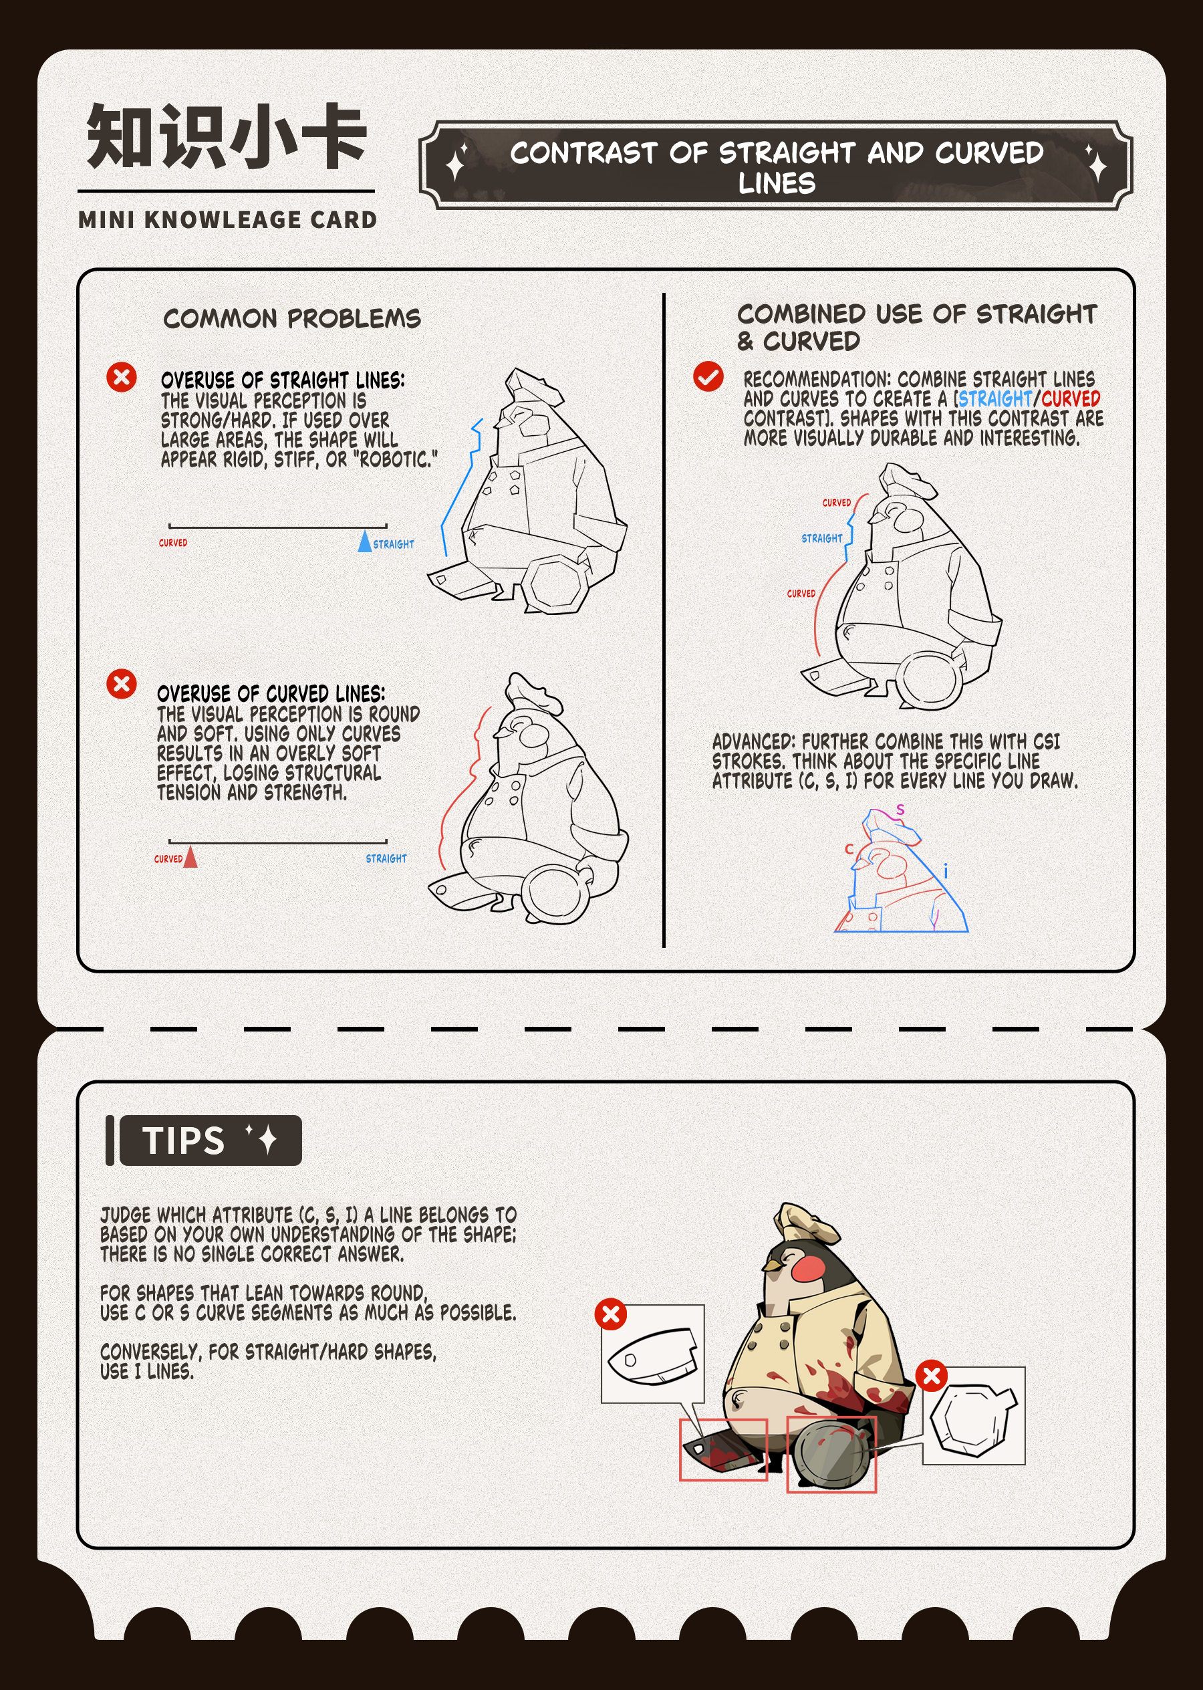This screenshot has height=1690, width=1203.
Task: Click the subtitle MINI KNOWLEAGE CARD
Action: pos(227,220)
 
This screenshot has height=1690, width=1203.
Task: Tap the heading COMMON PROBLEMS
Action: pos(292,319)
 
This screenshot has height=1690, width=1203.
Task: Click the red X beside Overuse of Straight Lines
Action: pos(122,377)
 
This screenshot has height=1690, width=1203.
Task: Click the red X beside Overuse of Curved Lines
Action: pos(122,683)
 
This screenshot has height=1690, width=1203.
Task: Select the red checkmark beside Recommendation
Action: pos(708,376)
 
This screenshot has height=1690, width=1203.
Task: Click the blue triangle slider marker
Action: pos(364,541)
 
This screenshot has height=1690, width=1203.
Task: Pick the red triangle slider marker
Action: pos(190,856)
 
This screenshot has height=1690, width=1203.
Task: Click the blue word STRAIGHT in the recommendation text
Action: pos(994,398)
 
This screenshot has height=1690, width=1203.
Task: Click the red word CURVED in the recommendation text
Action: pos(1071,398)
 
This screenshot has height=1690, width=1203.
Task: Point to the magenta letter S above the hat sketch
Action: pos(900,810)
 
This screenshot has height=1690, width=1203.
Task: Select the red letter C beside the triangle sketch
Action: pos(849,849)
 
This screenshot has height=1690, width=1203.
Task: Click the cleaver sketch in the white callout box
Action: pos(652,1356)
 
